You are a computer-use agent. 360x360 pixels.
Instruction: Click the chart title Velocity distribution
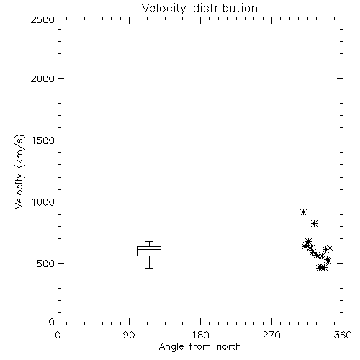click(x=199, y=9)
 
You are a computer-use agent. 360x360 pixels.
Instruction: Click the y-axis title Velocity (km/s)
click(x=19, y=171)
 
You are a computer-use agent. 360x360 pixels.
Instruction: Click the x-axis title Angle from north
click(x=199, y=347)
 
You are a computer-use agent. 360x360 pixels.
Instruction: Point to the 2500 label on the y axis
click(x=42, y=19)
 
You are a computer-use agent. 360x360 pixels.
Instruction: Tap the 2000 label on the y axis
click(x=42, y=78)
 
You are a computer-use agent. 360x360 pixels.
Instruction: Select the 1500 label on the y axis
click(x=43, y=140)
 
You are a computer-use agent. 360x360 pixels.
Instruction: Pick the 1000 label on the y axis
click(x=43, y=202)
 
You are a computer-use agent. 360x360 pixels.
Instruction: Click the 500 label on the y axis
click(x=46, y=264)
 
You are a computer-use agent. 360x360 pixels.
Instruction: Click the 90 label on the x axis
click(x=129, y=335)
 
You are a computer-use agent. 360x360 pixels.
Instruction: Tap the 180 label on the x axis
click(x=200, y=335)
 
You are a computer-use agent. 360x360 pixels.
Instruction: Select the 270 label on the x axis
click(x=271, y=335)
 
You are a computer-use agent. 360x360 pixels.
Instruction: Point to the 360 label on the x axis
click(x=343, y=335)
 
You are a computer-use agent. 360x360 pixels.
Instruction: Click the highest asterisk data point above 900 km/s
click(x=304, y=212)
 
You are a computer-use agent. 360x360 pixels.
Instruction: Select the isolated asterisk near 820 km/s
click(x=314, y=224)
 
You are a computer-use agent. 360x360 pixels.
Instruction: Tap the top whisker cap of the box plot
click(x=149, y=241)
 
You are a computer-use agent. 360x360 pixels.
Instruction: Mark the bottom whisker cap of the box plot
click(x=149, y=268)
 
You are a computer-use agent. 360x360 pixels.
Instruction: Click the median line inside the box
click(x=149, y=249)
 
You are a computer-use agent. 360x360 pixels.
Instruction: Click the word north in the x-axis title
click(x=229, y=347)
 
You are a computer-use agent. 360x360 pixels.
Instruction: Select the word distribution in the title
click(x=225, y=9)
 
